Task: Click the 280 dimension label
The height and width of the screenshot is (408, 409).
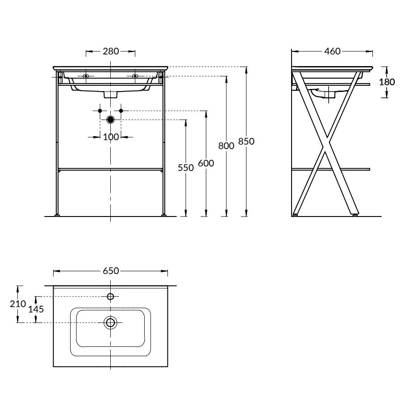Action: point(111,51)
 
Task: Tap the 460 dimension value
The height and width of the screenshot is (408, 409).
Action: point(332,51)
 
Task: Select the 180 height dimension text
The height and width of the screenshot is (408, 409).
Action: point(387,82)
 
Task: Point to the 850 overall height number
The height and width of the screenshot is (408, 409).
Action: point(246,142)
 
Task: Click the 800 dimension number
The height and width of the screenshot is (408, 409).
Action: point(226,146)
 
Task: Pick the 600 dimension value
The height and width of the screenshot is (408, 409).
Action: point(206,163)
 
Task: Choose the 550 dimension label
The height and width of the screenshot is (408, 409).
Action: point(186,168)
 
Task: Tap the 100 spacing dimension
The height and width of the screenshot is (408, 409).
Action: point(111,137)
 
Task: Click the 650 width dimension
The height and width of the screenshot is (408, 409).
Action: point(111,271)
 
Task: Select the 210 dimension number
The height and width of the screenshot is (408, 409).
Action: point(18,304)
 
